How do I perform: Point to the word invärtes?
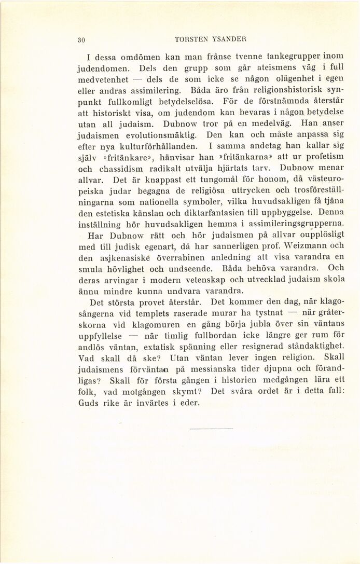pyautogui.click(x=152, y=403)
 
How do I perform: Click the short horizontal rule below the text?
pyautogui.click(x=212, y=429)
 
